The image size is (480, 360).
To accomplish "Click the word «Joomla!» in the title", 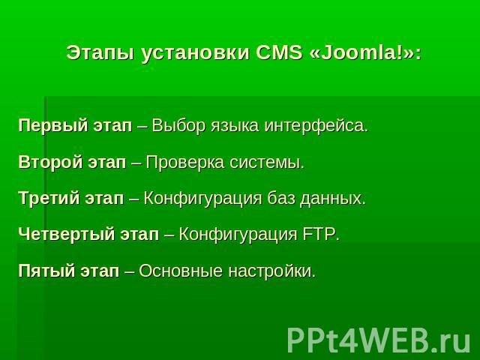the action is pyautogui.click(x=365, y=52).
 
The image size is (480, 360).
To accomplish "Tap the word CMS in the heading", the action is pyautogui.click(x=279, y=52).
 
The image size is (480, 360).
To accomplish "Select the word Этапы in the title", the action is pyautogui.click(x=100, y=53).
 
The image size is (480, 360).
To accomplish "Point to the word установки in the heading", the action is pyautogui.click(x=195, y=53).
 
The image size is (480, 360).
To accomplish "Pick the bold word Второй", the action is pyautogui.click(x=50, y=162).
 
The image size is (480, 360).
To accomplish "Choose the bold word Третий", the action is pyautogui.click(x=49, y=198).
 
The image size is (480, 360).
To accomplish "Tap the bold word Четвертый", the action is pyautogui.click(x=67, y=234).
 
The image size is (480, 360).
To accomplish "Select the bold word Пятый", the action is pyautogui.click(x=46, y=271).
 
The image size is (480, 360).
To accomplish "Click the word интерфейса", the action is pyautogui.click(x=316, y=125).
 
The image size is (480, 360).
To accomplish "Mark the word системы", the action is pyautogui.click(x=267, y=163).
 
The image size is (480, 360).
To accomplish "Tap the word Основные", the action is pyautogui.click(x=181, y=271).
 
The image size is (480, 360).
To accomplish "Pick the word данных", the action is pyautogui.click(x=333, y=198).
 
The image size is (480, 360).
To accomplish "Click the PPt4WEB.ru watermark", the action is pyautogui.click(x=379, y=340).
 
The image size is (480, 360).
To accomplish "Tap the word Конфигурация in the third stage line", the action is pyautogui.click(x=202, y=198).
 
